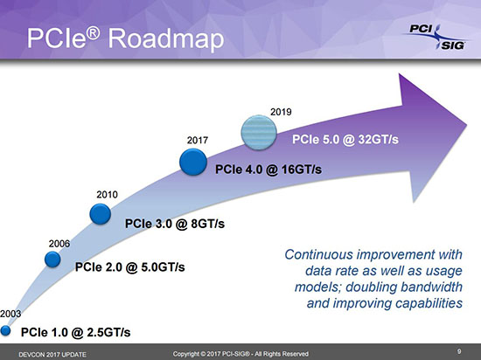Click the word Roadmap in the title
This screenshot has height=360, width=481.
pos(166,39)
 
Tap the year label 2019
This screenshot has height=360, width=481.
pos(281,112)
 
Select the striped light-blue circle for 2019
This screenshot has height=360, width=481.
pos(259,132)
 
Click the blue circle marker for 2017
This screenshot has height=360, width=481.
pos(193,162)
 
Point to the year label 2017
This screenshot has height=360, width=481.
pos(198,141)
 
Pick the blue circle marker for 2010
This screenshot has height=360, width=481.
pos(101,214)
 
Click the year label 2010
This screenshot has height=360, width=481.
pos(107,195)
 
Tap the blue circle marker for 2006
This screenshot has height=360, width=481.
pos(52,260)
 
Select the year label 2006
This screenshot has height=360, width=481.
pos(59,244)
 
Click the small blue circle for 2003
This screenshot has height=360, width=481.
pos(5,330)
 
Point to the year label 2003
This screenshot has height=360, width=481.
pos(10,314)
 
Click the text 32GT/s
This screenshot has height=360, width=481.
pos(378,140)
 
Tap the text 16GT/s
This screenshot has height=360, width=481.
pos(302,170)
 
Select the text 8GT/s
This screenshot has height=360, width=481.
pos(207,224)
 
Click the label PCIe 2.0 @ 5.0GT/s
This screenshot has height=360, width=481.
pos(129,267)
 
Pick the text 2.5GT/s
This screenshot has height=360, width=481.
pos(109,332)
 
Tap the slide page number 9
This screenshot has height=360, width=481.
pos(459,351)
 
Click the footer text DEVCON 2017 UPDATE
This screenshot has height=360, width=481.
pos(52,355)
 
